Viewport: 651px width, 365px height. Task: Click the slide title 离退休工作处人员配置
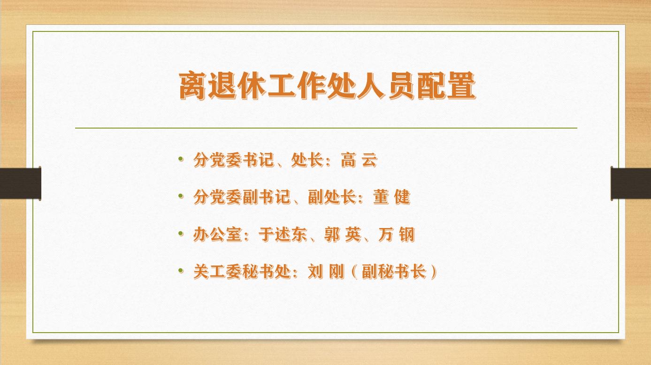pyautogui.click(x=327, y=86)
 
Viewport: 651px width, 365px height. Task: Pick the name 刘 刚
pyautogui.click(x=326, y=272)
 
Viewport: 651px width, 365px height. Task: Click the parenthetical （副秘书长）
pyautogui.click(x=394, y=272)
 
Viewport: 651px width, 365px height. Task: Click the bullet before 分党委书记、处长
pyautogui.click(x=181, y=160)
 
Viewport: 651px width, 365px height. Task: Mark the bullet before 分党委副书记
pyautogui.click(x=181, y=196)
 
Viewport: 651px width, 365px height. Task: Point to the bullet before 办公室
pyautogui.click(x=181, y=233)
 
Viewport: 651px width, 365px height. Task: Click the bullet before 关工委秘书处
pyautogui.click(x=181, y=270)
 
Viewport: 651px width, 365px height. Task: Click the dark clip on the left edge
pyautogui.click(x=20, y=183)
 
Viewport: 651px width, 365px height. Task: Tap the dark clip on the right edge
pyautogui.click(x=631, y=183)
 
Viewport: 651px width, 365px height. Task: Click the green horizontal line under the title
pyautogui.click(x=326, y=128)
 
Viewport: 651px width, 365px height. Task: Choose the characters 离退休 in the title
pyautogui.click(x=223, y=86)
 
